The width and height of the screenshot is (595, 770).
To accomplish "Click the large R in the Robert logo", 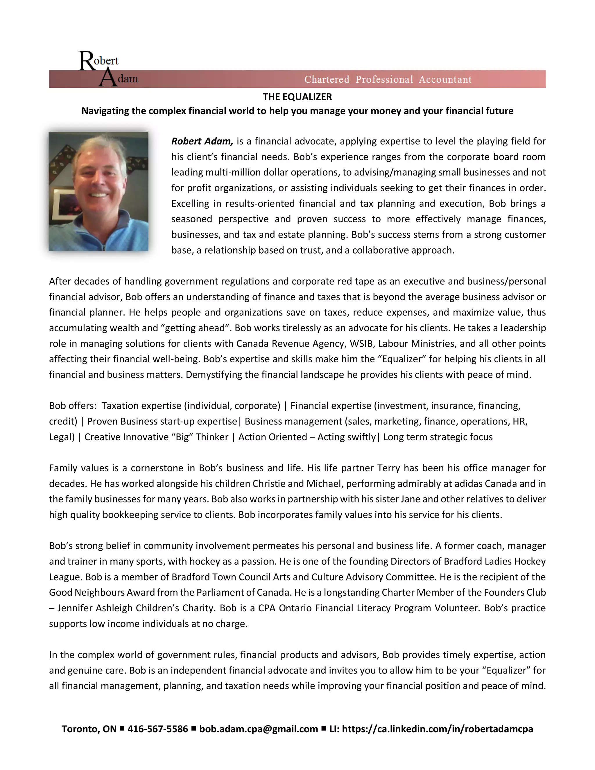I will tap(86, 61).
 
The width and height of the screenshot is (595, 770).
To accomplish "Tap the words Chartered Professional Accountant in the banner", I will tap(388, 79).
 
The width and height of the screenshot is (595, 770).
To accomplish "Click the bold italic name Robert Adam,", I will tap(202, 142).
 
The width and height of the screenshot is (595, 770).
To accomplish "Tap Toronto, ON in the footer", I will tap(89, 729).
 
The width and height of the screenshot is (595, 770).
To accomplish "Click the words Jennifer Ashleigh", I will tap(95, 608).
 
